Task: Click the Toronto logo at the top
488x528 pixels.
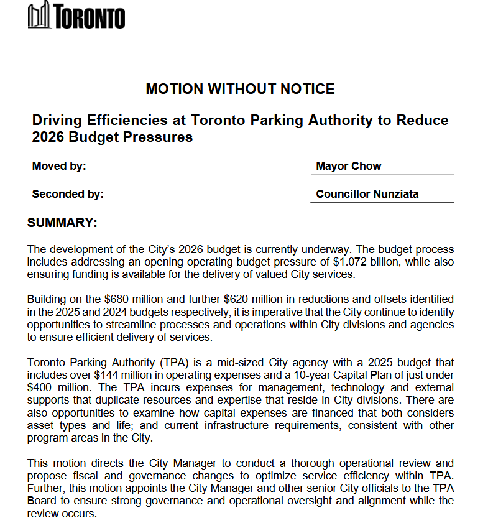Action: pos(76,16)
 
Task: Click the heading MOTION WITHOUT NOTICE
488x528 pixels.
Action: pos(240,89)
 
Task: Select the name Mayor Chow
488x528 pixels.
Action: pos(348,166)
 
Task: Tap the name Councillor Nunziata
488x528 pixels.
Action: pos(367,194)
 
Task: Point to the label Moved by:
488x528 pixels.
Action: pos(59,166)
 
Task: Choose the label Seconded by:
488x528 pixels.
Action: pos(68,194)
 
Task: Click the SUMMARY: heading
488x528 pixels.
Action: pos(62,223)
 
